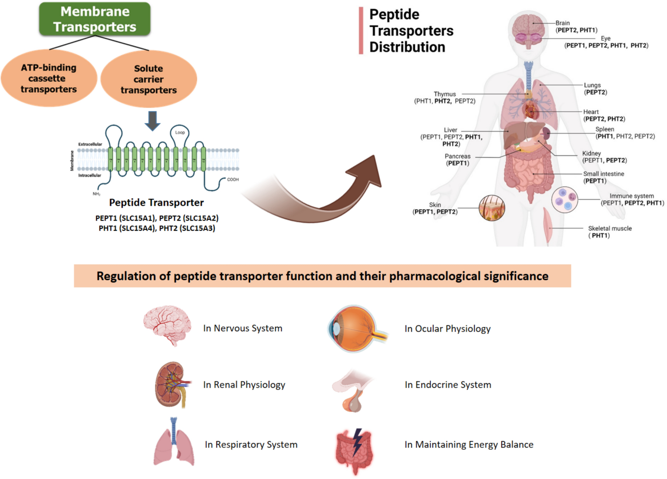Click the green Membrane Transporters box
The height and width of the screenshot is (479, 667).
pos(95,19)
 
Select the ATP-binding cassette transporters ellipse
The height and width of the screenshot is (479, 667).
pos(49,78)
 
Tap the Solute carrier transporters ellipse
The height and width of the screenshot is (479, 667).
pos(148,79)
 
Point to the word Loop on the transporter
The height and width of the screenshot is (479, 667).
pos(180,133)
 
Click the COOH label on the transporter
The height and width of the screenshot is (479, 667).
pos(233,179)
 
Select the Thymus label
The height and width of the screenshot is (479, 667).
pos(444,94)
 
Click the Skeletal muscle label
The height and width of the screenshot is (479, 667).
pos(610,228)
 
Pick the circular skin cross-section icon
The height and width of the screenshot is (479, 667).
pos(491,208)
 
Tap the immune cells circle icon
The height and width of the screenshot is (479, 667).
pos(564,200)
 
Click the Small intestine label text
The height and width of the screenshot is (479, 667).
pos(603,174)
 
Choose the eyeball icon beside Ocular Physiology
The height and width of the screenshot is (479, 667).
pos(356,329)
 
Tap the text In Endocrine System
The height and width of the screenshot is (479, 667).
pos(448,385)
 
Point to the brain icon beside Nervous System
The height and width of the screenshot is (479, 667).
pos(167,325)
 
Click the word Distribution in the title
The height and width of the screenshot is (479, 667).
pos(407,47)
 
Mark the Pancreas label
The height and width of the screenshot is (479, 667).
pos(457,156)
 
